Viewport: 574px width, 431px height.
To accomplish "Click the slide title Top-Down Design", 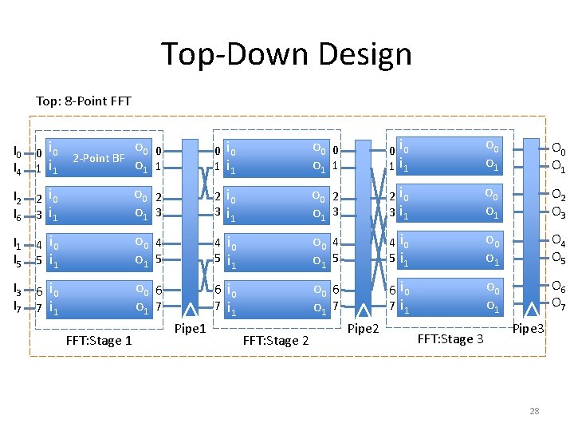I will pos(287,54).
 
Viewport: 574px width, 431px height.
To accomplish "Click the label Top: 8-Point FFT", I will pos(84,101).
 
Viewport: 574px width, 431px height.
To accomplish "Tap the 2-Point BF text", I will pos(98,158).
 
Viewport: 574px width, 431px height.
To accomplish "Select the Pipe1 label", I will pos(190,328).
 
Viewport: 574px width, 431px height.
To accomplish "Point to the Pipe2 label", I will pos(363,328).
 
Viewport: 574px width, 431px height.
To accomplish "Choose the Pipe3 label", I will pos(528,328).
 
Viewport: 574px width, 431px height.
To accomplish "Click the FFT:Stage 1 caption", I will pos(99,341).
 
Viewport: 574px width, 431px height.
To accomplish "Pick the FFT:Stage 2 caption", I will pos(275,341).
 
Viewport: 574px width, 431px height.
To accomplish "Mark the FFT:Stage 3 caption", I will pos(450,338).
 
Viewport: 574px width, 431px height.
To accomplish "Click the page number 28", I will pos(534,411).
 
